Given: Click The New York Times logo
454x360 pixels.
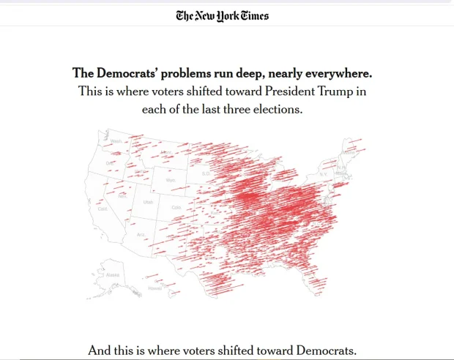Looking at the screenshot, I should point(222,15).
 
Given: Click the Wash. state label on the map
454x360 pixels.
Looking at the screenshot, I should point(116,140).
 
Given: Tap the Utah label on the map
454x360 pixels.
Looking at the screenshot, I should point(148,201).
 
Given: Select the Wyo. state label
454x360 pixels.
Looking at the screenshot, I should point(171,180).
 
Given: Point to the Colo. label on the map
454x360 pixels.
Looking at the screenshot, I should point(176,207).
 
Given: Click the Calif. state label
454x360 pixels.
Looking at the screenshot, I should point(103,209).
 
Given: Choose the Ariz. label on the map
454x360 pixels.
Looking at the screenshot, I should point(140,234).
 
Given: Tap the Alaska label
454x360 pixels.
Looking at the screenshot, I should point(113,275).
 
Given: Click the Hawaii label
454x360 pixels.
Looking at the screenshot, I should point(155,288).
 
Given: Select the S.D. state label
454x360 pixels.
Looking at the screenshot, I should point(206,173).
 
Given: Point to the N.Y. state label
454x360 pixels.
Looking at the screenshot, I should point(323,174).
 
